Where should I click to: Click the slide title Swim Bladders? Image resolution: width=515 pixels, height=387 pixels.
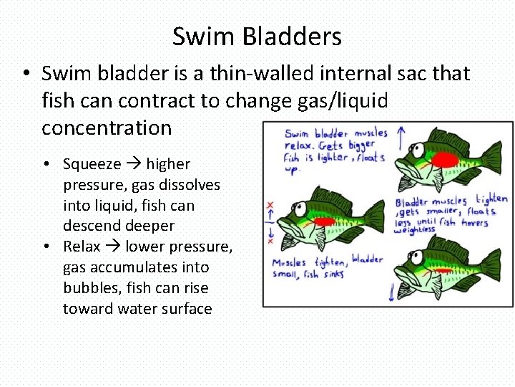pos(257,36)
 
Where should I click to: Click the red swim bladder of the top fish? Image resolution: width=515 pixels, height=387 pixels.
pos(446,158)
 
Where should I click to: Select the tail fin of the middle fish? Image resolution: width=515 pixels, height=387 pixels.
pos(373,214)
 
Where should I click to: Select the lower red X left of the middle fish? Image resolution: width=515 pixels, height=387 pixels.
pos(270,241)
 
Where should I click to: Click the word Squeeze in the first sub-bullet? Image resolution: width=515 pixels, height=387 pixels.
pos(92,164)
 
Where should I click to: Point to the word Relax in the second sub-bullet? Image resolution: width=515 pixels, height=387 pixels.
pos(82,247)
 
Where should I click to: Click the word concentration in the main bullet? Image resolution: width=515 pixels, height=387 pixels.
pos(107,128)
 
